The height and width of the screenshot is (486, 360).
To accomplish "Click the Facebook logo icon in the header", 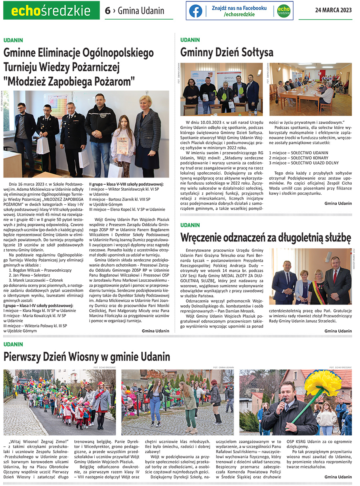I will [x=196, y=11].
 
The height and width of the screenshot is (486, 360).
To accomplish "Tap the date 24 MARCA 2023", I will [x=333, y=10].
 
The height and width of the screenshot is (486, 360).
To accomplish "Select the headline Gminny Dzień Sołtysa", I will [x=227, y=52].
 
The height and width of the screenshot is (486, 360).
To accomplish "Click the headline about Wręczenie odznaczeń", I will [x=266, y=237].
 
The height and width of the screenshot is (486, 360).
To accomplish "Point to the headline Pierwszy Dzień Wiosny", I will [x=87, y=356].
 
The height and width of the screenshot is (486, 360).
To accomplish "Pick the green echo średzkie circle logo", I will [x=283, y=11].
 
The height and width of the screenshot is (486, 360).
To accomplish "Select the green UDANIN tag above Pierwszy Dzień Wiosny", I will [x=13, y=344].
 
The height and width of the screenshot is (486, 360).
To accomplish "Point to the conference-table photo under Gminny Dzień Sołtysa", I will [x=310, y=89].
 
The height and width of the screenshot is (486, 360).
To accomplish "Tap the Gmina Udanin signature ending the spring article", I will [x=338, y=477].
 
